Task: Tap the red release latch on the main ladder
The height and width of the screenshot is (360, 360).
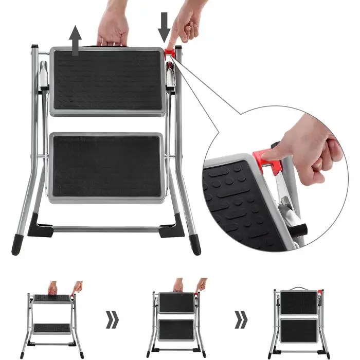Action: click(170, 53)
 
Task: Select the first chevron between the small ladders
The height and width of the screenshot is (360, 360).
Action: click(112, 319)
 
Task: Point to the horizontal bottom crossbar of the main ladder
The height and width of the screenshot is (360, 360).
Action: click(105, 228)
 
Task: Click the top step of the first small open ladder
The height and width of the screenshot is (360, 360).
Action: click(52, 298)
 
